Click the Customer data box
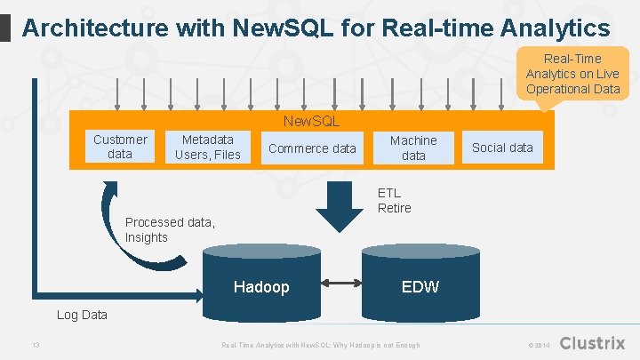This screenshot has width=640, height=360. [x=120, y=147]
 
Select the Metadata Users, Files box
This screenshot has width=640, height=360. [x=208, y=147]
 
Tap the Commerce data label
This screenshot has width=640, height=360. [x=312, y=148]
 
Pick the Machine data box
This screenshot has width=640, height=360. [x=413, y=148]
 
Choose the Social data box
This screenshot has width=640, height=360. [x=502, y=148]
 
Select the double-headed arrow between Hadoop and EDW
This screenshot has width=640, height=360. [x=340, y=284]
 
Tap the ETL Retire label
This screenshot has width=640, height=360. [x=394, y=200]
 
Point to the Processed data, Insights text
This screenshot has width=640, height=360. [x=170, y=229]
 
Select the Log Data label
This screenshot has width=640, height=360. [x=82, y=315]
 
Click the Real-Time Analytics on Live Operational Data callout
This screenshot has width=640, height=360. [x=572, y=75]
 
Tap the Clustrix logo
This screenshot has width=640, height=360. [x=593, y=343]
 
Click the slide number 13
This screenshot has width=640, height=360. [x=35, y=345]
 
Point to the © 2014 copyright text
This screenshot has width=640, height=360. [x=539, y=345]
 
